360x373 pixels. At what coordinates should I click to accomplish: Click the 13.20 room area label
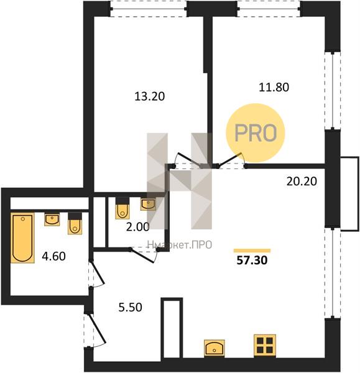(x=150, y=96)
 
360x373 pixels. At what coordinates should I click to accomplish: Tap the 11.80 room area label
(x=274, y=87)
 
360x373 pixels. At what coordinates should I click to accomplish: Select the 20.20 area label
(x=302, y=182)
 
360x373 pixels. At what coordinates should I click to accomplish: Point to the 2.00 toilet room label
(x=138, y=227)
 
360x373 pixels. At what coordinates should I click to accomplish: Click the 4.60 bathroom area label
(x=53, y=256)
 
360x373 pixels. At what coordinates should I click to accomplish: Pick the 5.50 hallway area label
(x=131, y=307)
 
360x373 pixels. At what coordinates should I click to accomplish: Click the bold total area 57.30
(x=252, y=260)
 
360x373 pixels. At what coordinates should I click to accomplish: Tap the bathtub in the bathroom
(x=22, y=238)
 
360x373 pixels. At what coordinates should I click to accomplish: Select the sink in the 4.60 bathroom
(x=52, y=219)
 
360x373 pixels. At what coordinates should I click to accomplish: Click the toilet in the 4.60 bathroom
(x=75, y=223)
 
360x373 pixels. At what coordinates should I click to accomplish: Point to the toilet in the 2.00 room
(x=122, y=208)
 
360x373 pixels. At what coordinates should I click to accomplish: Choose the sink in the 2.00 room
(x=148, y=205)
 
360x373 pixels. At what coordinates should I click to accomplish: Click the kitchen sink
(x=215, y=348)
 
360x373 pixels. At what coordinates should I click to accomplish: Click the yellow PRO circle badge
(x=256, y=133)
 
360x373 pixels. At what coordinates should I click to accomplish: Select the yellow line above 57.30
(x=252, y=251)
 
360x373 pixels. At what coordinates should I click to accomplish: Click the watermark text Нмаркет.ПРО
(x=180, y=244)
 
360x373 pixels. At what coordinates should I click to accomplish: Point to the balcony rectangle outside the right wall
(x=349, y=193)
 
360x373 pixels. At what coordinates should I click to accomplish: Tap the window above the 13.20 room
(x=149, y=9)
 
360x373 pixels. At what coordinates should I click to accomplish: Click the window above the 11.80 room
(x=269, y=9)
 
